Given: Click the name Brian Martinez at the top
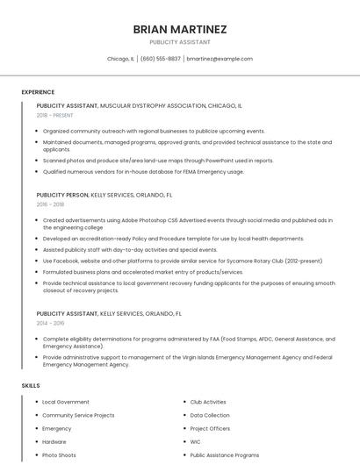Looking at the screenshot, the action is (x=179, y=29).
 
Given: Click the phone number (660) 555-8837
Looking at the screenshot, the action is (x=161, y=59).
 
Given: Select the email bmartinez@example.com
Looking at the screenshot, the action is (x=220, y=59).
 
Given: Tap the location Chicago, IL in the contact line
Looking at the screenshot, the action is (x=120, y=59).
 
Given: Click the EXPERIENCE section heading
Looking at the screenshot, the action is (x=38, y=92).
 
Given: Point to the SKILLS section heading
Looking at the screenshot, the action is (x=31, y=385).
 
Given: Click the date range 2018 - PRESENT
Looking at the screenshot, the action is (x=54, y=115).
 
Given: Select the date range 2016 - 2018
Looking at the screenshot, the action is (x=50, y=204).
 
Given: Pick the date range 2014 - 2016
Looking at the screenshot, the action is (x=50, y=323).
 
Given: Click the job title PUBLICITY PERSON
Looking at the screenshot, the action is (x=62, y=194).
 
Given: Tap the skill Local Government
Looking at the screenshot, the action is (x=66, y=402).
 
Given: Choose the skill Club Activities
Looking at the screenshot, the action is (x=208, y=402).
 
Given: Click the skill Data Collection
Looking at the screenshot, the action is (x=210, y=415).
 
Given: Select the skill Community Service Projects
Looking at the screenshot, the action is (x=78, y=415).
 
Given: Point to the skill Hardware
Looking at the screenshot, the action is (x=54, y=442).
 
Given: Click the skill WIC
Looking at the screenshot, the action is (x=195, y=442).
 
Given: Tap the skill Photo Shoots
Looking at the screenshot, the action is (x=59, y=455).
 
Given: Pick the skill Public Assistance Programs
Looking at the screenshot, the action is (x=225, y=455).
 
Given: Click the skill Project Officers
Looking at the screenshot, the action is (x=210, y=429).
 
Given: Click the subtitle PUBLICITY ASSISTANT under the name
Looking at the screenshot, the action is (x=179, y=41).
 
